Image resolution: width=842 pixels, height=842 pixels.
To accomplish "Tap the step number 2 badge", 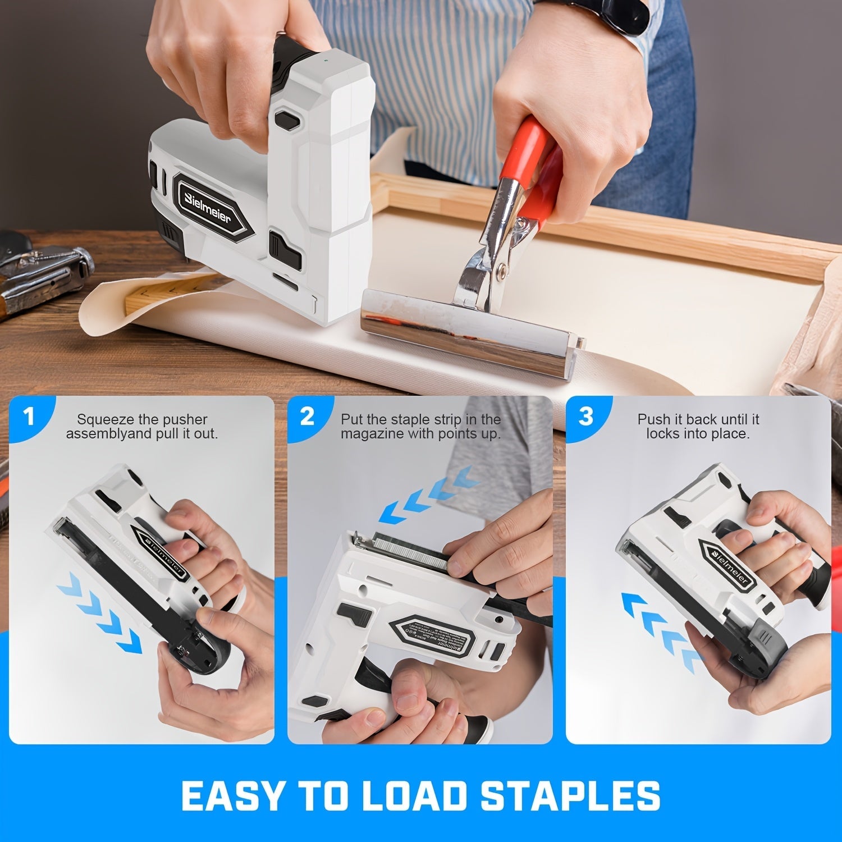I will click(307, 417).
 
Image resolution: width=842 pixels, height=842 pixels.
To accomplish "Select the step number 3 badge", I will click(585, 417).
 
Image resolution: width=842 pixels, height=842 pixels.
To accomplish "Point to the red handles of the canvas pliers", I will click(539, 168).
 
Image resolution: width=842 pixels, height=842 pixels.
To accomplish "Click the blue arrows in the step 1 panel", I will click(101, 615).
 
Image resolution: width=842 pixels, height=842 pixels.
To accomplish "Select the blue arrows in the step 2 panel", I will click(427, 494).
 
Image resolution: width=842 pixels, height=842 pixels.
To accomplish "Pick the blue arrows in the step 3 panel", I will click(657, 629).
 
